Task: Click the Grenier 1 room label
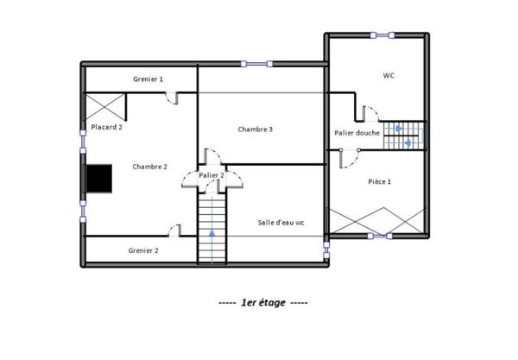(148, 79)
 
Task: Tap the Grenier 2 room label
(143, 250)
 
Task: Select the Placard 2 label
(106, 127)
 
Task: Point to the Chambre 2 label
(149, 167)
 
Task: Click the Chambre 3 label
(256, 129)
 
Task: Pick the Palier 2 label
(212, 175)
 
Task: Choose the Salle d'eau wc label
(281, 222)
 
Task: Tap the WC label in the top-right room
(388, 76)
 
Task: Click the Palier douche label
(357, 133)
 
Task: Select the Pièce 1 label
(380, 181)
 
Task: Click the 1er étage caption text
(262, 303)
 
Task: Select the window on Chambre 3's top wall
(255, 63)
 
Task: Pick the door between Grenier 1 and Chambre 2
(173, 98)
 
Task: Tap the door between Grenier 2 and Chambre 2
(174, 230)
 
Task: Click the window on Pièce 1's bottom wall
(380, 235)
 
